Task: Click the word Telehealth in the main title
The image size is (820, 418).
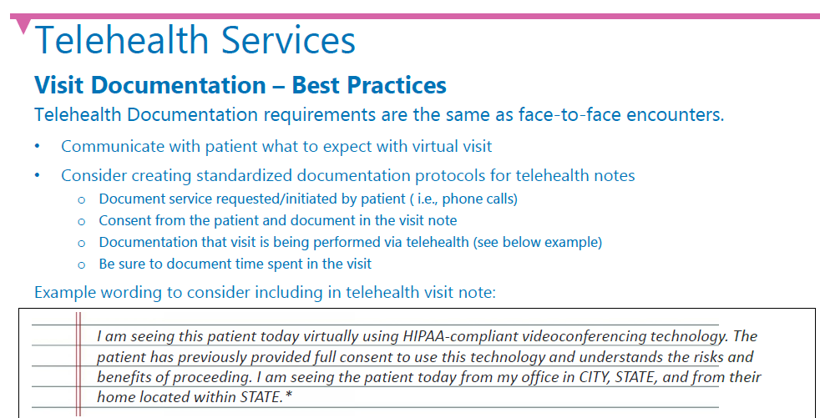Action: point(124,39)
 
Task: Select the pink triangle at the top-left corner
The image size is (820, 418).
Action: point(23,26)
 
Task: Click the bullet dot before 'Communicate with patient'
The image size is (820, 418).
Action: point(37,146)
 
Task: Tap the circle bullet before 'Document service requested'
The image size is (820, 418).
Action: point(81,200)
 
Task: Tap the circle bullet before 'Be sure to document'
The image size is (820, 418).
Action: point(81,265)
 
